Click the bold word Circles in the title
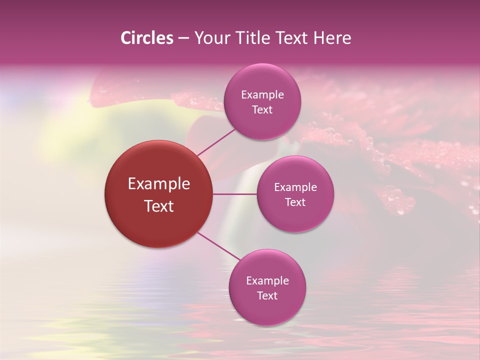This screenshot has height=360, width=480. click(x=147, y=38)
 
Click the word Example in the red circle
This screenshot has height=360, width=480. click(x=159, y=184)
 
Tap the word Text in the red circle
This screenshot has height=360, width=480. click(x=159, y=206)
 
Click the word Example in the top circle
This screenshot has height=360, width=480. click(x=262, y=95)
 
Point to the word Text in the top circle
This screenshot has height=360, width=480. click(x=262, y=110)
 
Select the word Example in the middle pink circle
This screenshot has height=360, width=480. click(x=295, y=187)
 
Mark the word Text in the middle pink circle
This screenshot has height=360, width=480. click(x=295, y=202)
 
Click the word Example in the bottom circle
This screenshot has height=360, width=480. click(x=267, y=281)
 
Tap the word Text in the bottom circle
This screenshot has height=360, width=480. click(x=267, y=296)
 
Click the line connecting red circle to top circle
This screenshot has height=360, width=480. click(x=216, y=141)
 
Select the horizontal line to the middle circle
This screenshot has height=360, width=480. click(x=234, y=194)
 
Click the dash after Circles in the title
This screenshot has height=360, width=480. click(x=183, y=38)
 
